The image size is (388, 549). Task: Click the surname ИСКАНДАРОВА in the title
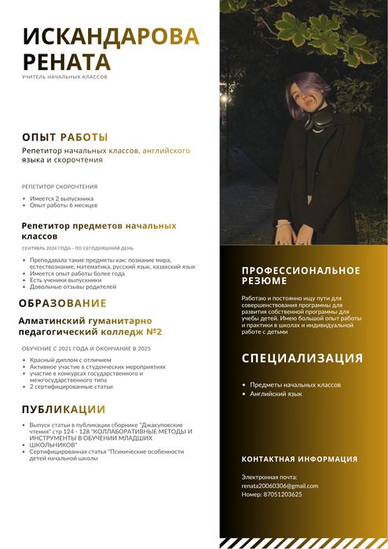[111, 36]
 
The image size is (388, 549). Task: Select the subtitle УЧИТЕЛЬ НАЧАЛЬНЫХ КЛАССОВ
[64, 77]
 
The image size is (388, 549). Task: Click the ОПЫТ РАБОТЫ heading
[64, 137]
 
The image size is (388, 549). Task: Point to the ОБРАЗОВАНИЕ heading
[62, 303]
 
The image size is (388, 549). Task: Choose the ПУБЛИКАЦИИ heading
[63, 409]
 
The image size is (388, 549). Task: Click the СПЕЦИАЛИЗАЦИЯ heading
[302, 358]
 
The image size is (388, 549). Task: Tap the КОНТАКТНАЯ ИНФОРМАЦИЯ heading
[298, 459]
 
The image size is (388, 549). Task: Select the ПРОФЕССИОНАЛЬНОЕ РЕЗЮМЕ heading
[301, 275]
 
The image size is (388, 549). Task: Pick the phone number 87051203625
[271, 495]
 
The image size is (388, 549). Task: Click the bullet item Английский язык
[276, 393]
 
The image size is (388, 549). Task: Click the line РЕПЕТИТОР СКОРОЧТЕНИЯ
[60, 187]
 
